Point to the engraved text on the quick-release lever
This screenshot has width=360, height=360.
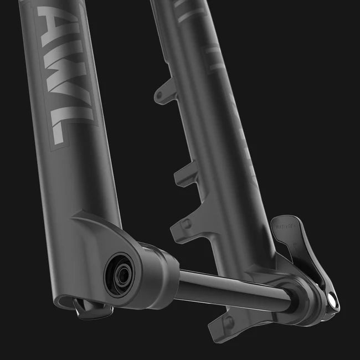click(x=284, y=225)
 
